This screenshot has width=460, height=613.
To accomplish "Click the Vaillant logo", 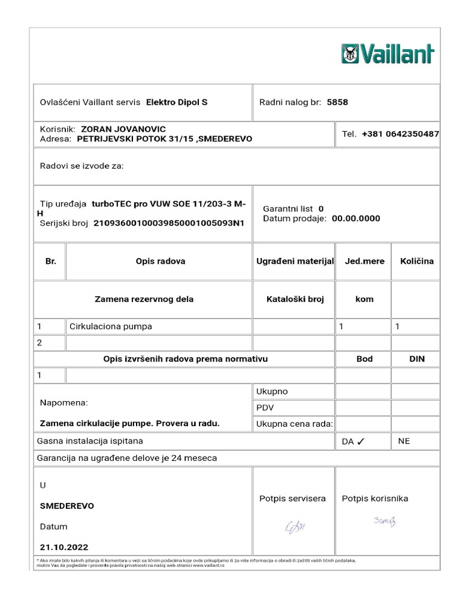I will (387, 54).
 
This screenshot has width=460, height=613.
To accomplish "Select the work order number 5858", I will (337, 102).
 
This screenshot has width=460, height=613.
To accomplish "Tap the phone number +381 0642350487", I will (400, 134).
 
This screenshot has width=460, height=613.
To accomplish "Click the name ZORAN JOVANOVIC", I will (123, 129).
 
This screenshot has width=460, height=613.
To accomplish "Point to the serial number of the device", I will (170, 223).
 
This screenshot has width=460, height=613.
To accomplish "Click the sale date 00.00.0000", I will (356, 219).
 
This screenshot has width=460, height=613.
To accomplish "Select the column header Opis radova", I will (161, 261).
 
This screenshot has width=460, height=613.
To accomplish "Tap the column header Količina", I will (413, 261).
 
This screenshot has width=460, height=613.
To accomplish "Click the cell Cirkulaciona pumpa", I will (111, 327).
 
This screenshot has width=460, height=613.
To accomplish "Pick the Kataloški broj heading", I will (294, 299).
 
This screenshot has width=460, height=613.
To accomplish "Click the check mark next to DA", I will (361, 442).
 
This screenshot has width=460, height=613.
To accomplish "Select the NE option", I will (404, 441).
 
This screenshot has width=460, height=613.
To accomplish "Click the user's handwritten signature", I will (384, 521).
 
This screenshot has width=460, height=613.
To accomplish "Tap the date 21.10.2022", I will (64, 547).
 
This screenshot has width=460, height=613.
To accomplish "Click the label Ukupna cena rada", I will (294, 424).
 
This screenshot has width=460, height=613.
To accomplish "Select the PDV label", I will (265, 408).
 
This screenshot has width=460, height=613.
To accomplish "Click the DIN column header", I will (417, 359).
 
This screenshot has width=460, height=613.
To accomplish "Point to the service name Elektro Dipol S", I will (177, 102).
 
